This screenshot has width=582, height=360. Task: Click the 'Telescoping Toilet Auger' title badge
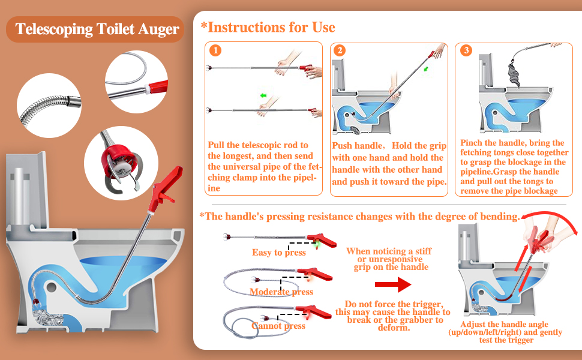95,29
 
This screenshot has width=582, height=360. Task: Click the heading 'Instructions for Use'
268,27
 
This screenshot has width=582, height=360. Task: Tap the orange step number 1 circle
215,50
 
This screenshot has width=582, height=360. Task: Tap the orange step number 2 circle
340,50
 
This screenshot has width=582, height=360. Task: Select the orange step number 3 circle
466,50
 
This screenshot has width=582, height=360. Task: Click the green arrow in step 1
263,96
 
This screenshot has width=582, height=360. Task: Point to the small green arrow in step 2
426,69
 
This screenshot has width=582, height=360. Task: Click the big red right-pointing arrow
393,284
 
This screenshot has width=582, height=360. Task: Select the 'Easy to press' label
279,253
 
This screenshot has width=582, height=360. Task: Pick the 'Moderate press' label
281,292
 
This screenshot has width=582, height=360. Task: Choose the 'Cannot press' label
278,326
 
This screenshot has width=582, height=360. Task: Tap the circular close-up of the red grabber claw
121,163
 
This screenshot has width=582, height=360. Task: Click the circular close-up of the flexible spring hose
49,106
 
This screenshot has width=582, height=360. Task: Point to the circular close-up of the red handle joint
136,82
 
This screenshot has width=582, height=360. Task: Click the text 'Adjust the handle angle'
504,325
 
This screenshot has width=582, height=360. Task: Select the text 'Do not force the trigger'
394,304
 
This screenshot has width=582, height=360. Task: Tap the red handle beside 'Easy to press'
322,241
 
